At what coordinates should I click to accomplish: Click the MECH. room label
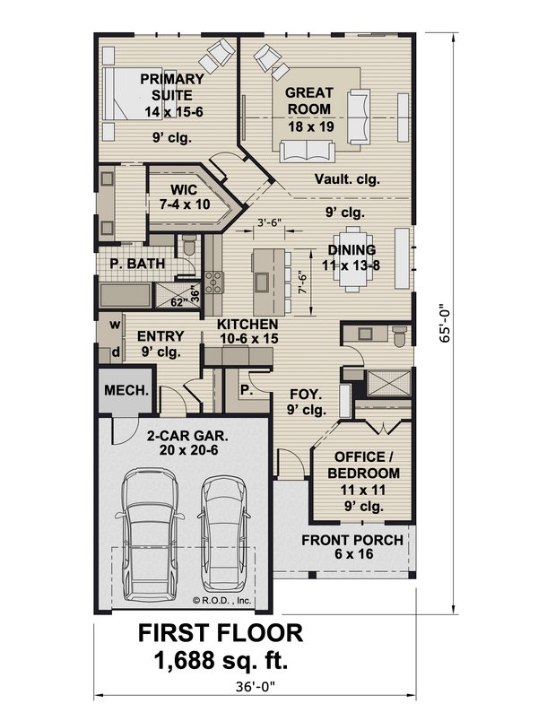tap(126, 391)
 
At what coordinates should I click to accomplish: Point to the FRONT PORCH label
tap(351, 547)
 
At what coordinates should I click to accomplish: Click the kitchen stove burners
tap(214, 282)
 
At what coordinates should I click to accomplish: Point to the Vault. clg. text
tap(347, 179)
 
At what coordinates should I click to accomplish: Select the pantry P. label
tap(246, 392)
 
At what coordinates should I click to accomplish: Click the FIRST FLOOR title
tap(220, 632)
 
